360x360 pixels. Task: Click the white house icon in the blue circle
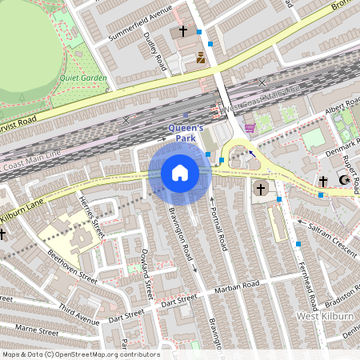click(x=180, y=173)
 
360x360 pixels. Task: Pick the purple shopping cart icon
click(x=250, y=127)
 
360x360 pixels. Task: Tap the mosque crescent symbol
click(x=345, y=181)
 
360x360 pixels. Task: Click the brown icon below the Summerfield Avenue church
click(x=200, y=58)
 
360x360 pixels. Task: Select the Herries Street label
click(x=92, y=218)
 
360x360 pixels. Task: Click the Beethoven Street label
click(x=73, y=268)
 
